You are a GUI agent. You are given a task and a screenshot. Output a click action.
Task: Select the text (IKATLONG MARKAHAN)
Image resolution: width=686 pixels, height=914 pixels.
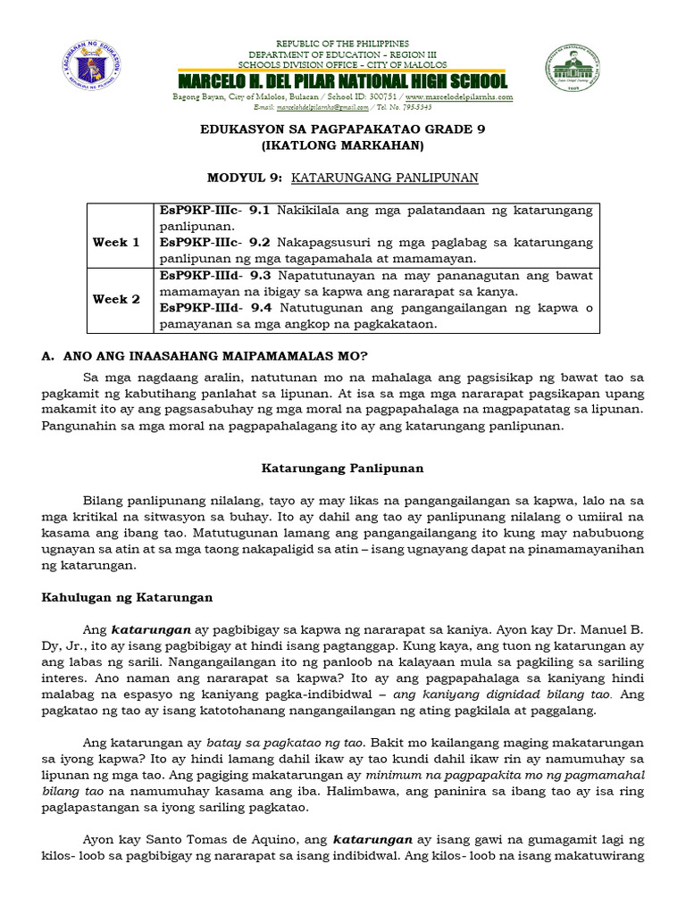(342, 145)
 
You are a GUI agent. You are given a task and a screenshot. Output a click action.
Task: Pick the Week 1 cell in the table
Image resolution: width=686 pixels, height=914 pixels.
(116, 242)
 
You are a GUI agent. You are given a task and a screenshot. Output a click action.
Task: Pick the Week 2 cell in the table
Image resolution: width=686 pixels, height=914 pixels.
(116, 299)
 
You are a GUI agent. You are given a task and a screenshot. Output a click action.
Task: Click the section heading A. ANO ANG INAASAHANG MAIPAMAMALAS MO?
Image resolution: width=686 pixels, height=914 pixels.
(205, 355)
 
